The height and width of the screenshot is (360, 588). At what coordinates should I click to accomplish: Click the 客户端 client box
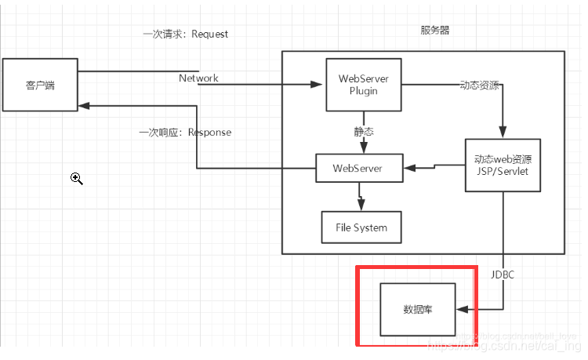tap(39, 85)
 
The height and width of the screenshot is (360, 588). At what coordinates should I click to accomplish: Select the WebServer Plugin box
tap(363, 84)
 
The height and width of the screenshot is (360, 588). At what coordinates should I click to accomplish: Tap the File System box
tap(361, 227)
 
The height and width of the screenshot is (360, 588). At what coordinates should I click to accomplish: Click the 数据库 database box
tap(417, 310)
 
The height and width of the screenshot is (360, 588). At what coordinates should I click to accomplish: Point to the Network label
tap(198, 78)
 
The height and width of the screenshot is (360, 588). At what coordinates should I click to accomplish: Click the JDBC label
tap(503, 275)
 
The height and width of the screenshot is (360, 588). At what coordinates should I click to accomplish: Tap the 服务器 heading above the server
tap(435, 30)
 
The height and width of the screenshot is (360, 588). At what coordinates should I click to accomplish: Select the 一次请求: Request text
tap(185, 35)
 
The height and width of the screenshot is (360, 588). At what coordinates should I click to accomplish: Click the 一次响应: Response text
tap(185, 133)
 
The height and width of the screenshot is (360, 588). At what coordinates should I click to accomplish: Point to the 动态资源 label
tap(479, 85)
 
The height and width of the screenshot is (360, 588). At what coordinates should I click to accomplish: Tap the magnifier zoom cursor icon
tap(77, 179)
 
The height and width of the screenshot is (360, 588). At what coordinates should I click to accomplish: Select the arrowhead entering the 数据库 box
tap(462, 310)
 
